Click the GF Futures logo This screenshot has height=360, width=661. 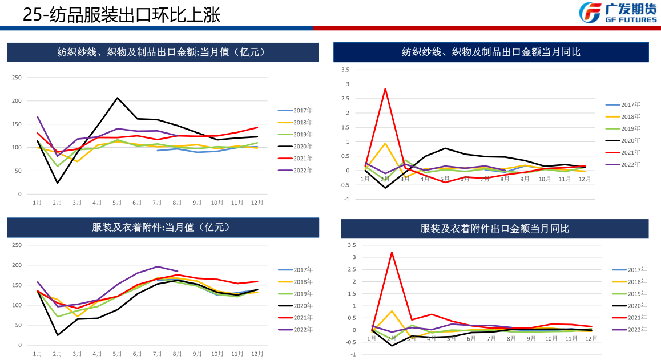618,13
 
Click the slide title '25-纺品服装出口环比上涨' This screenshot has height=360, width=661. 121,15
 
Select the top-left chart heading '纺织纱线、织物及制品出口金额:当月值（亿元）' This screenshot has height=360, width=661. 162,52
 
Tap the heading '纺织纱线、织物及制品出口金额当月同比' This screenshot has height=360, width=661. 491,52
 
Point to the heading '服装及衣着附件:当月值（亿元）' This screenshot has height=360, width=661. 162,227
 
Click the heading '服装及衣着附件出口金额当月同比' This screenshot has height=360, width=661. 494,229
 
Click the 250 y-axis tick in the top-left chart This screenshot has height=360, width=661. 17,78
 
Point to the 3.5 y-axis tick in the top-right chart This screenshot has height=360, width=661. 345,70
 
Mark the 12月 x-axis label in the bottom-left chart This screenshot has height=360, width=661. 257,354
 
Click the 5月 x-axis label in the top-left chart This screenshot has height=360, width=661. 117,203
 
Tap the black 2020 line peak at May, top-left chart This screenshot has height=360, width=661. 118,98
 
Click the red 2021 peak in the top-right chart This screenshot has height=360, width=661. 385,88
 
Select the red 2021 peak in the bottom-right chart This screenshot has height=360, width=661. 392,252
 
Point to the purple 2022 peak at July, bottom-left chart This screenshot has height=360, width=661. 158,266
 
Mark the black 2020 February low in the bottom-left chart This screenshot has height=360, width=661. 58,335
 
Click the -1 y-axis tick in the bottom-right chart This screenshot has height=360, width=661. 352,354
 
